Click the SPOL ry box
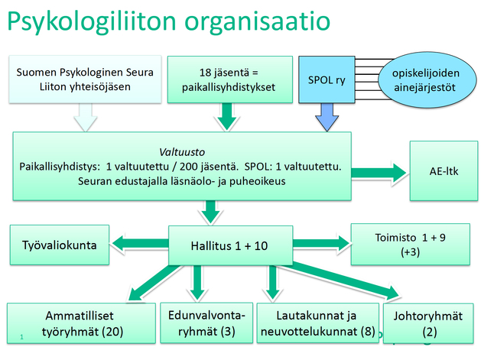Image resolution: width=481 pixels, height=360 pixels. point(326,79)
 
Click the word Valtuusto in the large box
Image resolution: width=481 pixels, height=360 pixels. point(181,151)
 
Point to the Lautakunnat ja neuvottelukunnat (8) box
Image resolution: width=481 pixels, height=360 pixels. point(316,323)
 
